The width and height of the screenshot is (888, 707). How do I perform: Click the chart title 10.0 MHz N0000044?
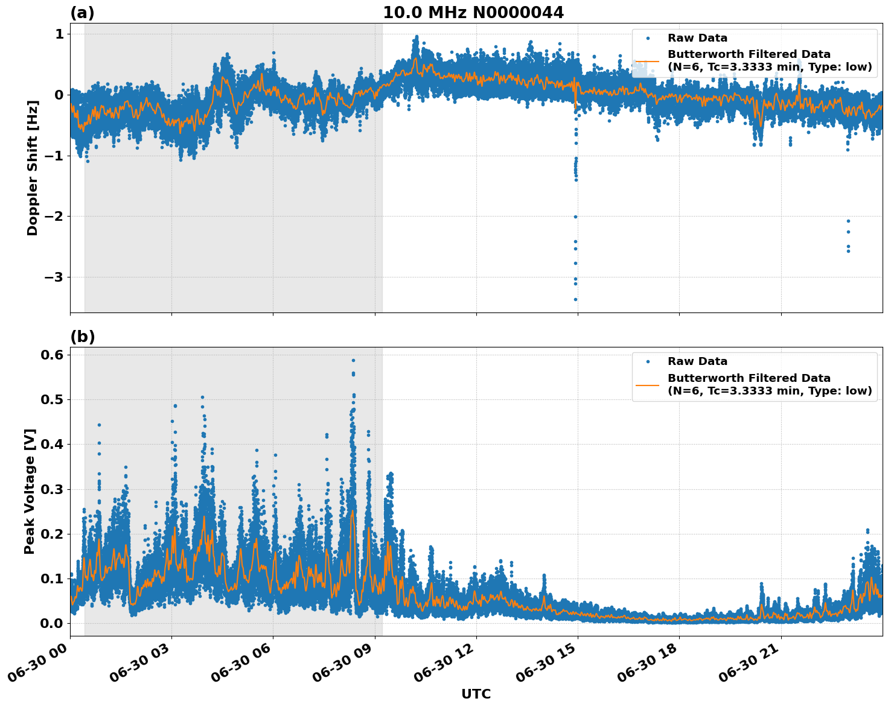click(x=473, y=13)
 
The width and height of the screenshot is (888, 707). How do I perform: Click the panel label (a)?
click(x=82, y=13)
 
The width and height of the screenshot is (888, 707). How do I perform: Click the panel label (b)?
click(x=82, y=337)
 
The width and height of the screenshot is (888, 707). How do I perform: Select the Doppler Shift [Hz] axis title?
click(x=33, y=168)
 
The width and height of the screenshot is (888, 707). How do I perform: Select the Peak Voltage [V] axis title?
click(x=30, y=491)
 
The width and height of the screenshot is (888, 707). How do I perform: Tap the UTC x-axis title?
click(x=476, y=694)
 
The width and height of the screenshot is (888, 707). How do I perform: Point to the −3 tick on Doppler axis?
click(x=55, y=277)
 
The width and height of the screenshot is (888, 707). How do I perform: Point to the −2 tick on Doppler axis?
click(x=55, y=217)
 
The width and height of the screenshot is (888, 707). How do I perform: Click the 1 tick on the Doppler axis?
click(x=59, y=34)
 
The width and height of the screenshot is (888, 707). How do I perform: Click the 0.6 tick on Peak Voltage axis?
click(x=52, y=355)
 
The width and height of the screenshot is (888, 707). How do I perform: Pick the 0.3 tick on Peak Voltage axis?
click(x=52, y=489)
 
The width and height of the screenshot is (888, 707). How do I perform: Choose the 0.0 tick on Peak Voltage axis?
click(x=52, y=623)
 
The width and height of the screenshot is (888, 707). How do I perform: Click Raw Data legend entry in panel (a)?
click(x=697, y=38)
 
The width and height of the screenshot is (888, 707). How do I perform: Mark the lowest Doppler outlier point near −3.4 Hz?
click(x=575, y=299)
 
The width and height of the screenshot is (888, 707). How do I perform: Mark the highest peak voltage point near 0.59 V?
click(x=353, y=360)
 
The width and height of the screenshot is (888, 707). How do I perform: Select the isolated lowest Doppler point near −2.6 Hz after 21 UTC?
click(x=848, y=250)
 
